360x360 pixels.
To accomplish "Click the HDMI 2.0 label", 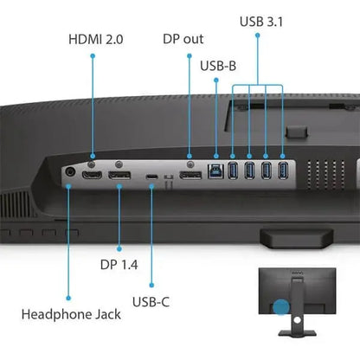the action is click(x=96, y=39).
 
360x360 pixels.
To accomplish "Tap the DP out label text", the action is click(x=183, y=39).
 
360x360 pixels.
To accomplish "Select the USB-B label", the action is click(x=218, y=66).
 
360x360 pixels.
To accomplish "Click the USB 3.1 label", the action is click(x=261, y=22).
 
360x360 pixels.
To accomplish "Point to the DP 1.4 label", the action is click(x=119, y=265).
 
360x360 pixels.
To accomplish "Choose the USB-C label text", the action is click(x=151, y=302).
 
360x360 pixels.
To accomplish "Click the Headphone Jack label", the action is click(x=71, y=314).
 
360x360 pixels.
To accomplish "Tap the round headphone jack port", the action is click(x=70, y=172).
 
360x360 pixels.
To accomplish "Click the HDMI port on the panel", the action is click(x=92, y=175).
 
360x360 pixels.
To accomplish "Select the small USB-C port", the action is click(x=151, y=177).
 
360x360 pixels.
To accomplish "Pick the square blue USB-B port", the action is click(x=216, y=171).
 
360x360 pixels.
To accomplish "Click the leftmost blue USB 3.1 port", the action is click(x=233, y=170).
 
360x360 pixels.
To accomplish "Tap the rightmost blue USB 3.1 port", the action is click(x=283, y=170).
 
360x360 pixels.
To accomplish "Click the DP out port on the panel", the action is click(x=190, y=175).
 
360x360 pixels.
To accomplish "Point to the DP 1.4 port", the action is click(x=119, y=175).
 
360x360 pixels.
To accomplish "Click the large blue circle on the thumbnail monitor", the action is click(x=281, y=306).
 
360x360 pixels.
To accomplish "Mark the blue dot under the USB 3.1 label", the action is click(x=258, y=35).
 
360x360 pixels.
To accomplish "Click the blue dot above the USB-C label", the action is click(x=151, y=286).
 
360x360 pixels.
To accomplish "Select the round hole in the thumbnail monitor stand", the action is click(x=297, y=319).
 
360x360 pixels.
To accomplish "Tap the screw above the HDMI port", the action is click(x=91, y=164).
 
